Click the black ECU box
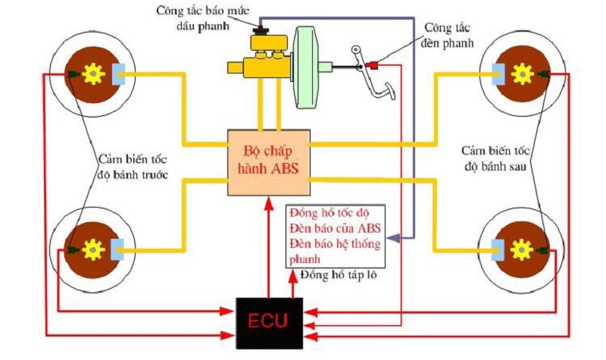270,323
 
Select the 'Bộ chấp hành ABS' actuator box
269,162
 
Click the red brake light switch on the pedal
372,64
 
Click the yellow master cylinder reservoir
269,43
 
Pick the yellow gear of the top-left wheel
93,74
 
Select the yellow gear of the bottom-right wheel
522,250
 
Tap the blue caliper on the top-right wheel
498,74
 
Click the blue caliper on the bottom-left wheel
117,249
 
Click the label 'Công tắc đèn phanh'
448,35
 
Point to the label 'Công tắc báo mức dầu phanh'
202,17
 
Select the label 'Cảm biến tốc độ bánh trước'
133,167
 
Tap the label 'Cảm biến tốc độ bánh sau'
495,158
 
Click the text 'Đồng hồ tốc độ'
330,213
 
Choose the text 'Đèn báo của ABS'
335,228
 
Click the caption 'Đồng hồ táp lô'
338,275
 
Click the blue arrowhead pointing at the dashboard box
393,238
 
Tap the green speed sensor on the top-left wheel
73,74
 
